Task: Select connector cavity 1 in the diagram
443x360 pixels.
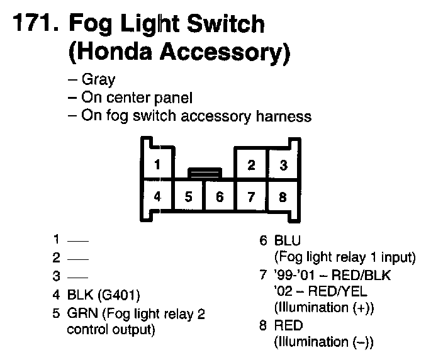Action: pyautogui.click(x=157, y=166)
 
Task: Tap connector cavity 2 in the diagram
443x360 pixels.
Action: pyautogui.click(x=251, y=166)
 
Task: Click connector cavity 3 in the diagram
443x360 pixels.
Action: pyautogui.click(x=284, y=166)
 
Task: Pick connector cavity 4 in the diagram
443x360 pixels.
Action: pyautogui.click(x=157, y=196)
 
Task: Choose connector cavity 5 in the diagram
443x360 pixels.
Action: pyautogui.click(x=189, y=196)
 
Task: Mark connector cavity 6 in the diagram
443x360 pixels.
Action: pyautogui.click(x=220, y=196)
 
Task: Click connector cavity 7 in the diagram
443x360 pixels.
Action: pyautogui.click(x=251, y=196)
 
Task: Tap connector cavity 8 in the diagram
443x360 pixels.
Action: pyautogui.click(x=283, y=196)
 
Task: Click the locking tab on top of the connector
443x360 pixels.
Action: pyautogui.click(x=205, y=171)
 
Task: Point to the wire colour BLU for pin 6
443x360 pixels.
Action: pyautogui.click(x=288, y=240)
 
